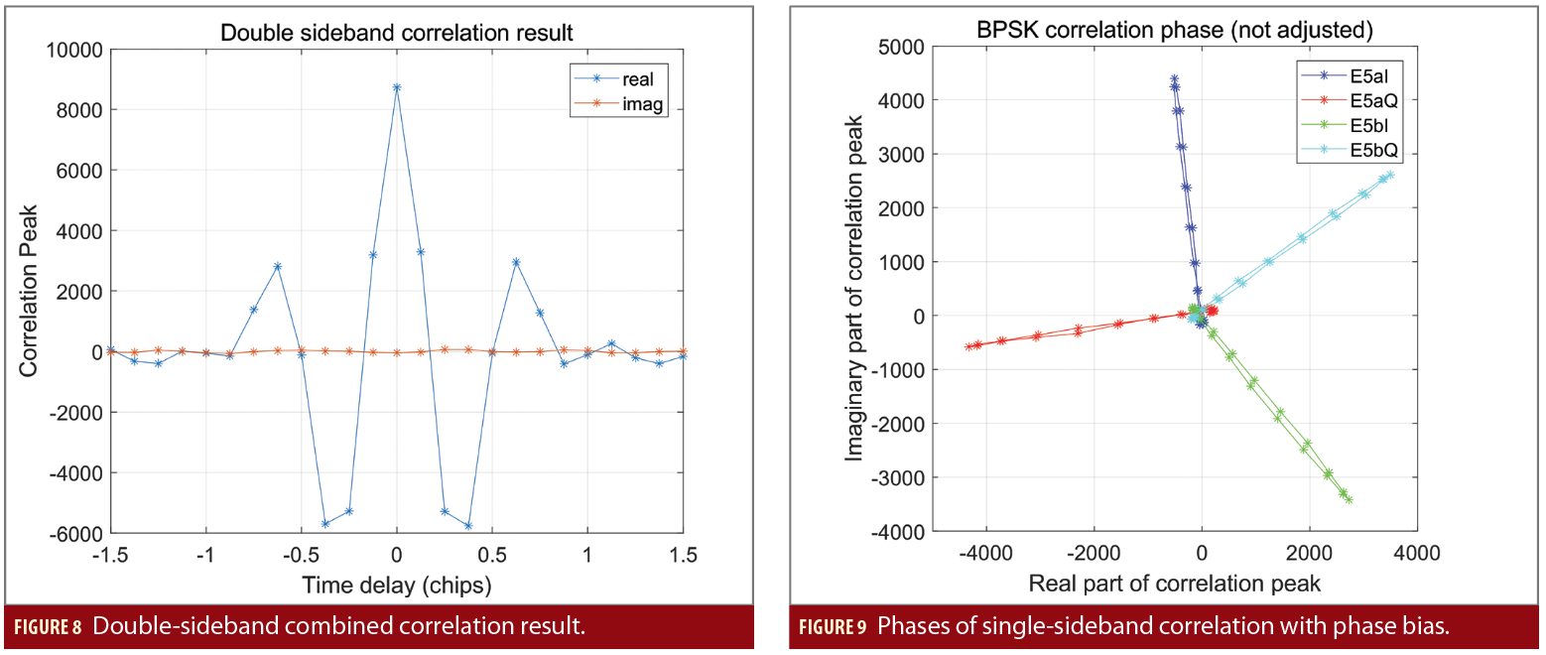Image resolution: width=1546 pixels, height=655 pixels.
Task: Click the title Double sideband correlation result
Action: pyautogui.click(x=396, y=32)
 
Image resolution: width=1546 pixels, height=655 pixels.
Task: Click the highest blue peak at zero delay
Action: pyautogui.click(x=397, y=87)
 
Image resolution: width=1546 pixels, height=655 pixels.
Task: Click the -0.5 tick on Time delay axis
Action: pyautogui.click(x=301, y=556)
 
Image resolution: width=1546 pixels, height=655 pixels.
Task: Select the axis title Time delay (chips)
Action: pyautogui.click(x=397, y=584)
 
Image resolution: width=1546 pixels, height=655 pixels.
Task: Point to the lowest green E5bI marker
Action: pyautogui.click(x=1349, y=500)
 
